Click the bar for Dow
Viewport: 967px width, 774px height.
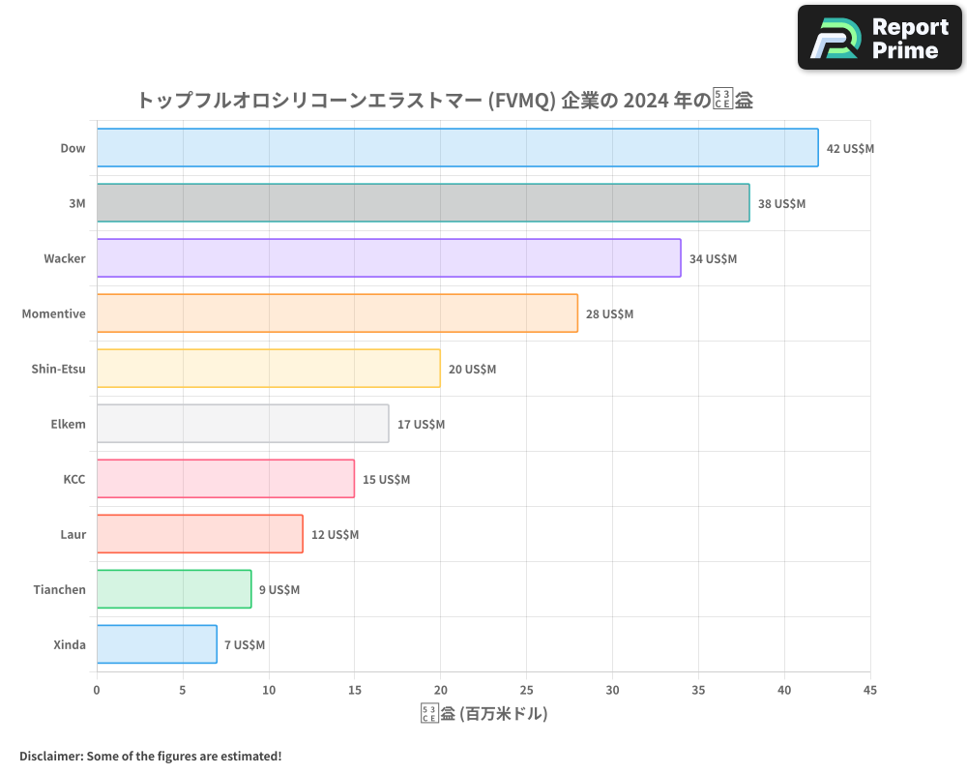pyautogui.click(x=457, y=148)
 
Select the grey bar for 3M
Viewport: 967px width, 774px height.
pyautogui.click(x=423, y=203)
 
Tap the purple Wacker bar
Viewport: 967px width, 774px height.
pyautogui.click(x=389, y=258)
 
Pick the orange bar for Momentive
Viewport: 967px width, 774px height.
pyautogui.click(x=337, y=313)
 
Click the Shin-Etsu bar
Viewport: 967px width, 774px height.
pyautogui.click(x=268, y=369)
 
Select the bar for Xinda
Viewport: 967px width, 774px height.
pyautogui.click(x=157, y=644)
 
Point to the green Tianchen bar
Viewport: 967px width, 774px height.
pyautogui.click(x=174, y=589)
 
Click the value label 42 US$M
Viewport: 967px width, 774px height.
pyautogui.click(x=850, y=149)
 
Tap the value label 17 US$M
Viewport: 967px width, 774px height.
pyautogui.click(x=421, y=425)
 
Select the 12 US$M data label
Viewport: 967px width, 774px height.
pyautogui.click(x=335, y=535)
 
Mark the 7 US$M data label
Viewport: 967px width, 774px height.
pyautogui.click(x=245, y=645)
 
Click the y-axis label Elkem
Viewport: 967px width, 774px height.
pyautogui.click(x=68, y=424)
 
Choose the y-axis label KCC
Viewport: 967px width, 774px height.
pyautogui.click(x=73, y=479)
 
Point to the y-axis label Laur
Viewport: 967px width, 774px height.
pyautogui.click(x=73, y=534)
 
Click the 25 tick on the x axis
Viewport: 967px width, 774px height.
pyautogui.click(x=526, y=690)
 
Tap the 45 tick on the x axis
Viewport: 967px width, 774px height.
pyautogui.click(x=869, y=690)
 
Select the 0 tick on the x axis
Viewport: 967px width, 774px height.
pyautogui.click(x=97, y=690)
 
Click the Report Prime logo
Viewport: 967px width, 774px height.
pyautogui.click(x=880, y=38)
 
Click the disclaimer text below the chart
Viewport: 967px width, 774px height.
pyautogui.click(x=150, y=756)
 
